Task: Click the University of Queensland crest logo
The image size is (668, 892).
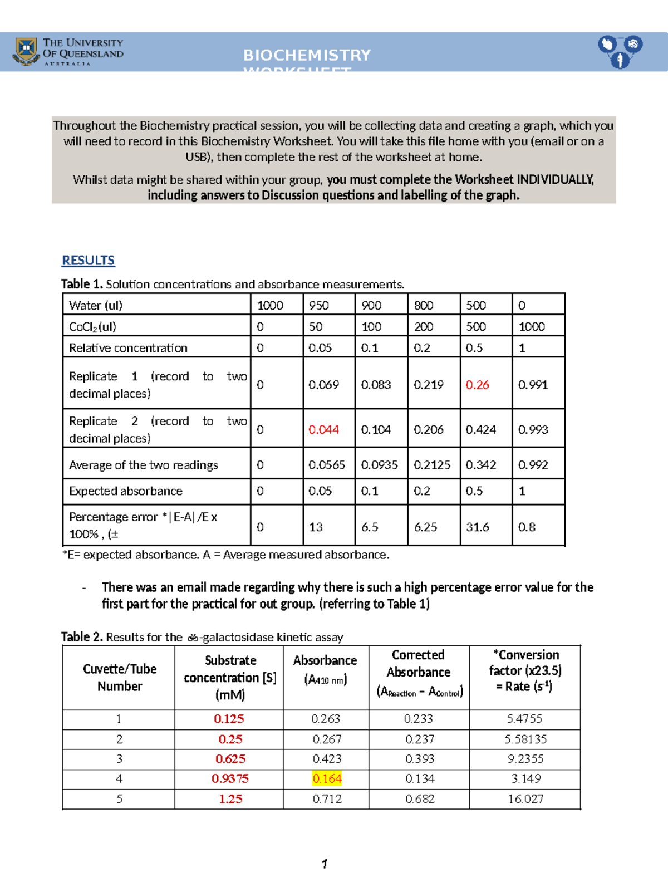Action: click(26, 51)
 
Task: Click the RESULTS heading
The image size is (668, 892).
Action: click(88, 260)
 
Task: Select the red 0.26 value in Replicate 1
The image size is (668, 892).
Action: click(477, 385)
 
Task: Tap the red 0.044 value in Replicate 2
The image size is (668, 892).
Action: click(323, 429)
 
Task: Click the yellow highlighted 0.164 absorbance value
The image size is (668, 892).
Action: click(327, 778)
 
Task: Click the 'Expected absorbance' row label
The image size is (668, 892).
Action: click(126, 491)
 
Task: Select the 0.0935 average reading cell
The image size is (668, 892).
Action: click(379, 465)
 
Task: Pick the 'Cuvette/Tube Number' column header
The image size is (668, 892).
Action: click(119, 677)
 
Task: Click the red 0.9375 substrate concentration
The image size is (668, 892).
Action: click(230, 778)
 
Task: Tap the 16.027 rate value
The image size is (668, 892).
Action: click(525, 799)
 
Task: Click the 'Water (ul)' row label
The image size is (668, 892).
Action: click(96, 305)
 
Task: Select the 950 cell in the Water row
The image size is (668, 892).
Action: click(319, 305)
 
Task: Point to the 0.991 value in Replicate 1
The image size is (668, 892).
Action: click(533, 385)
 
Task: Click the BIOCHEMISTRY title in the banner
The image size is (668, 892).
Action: click(307, 55)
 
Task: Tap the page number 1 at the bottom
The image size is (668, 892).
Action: click(324, 864)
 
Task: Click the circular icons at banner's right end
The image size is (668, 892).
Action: click(620, 51)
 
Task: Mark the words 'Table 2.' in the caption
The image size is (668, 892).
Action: click(82, 636)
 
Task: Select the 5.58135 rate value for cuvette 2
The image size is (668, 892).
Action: click(525, 739)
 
